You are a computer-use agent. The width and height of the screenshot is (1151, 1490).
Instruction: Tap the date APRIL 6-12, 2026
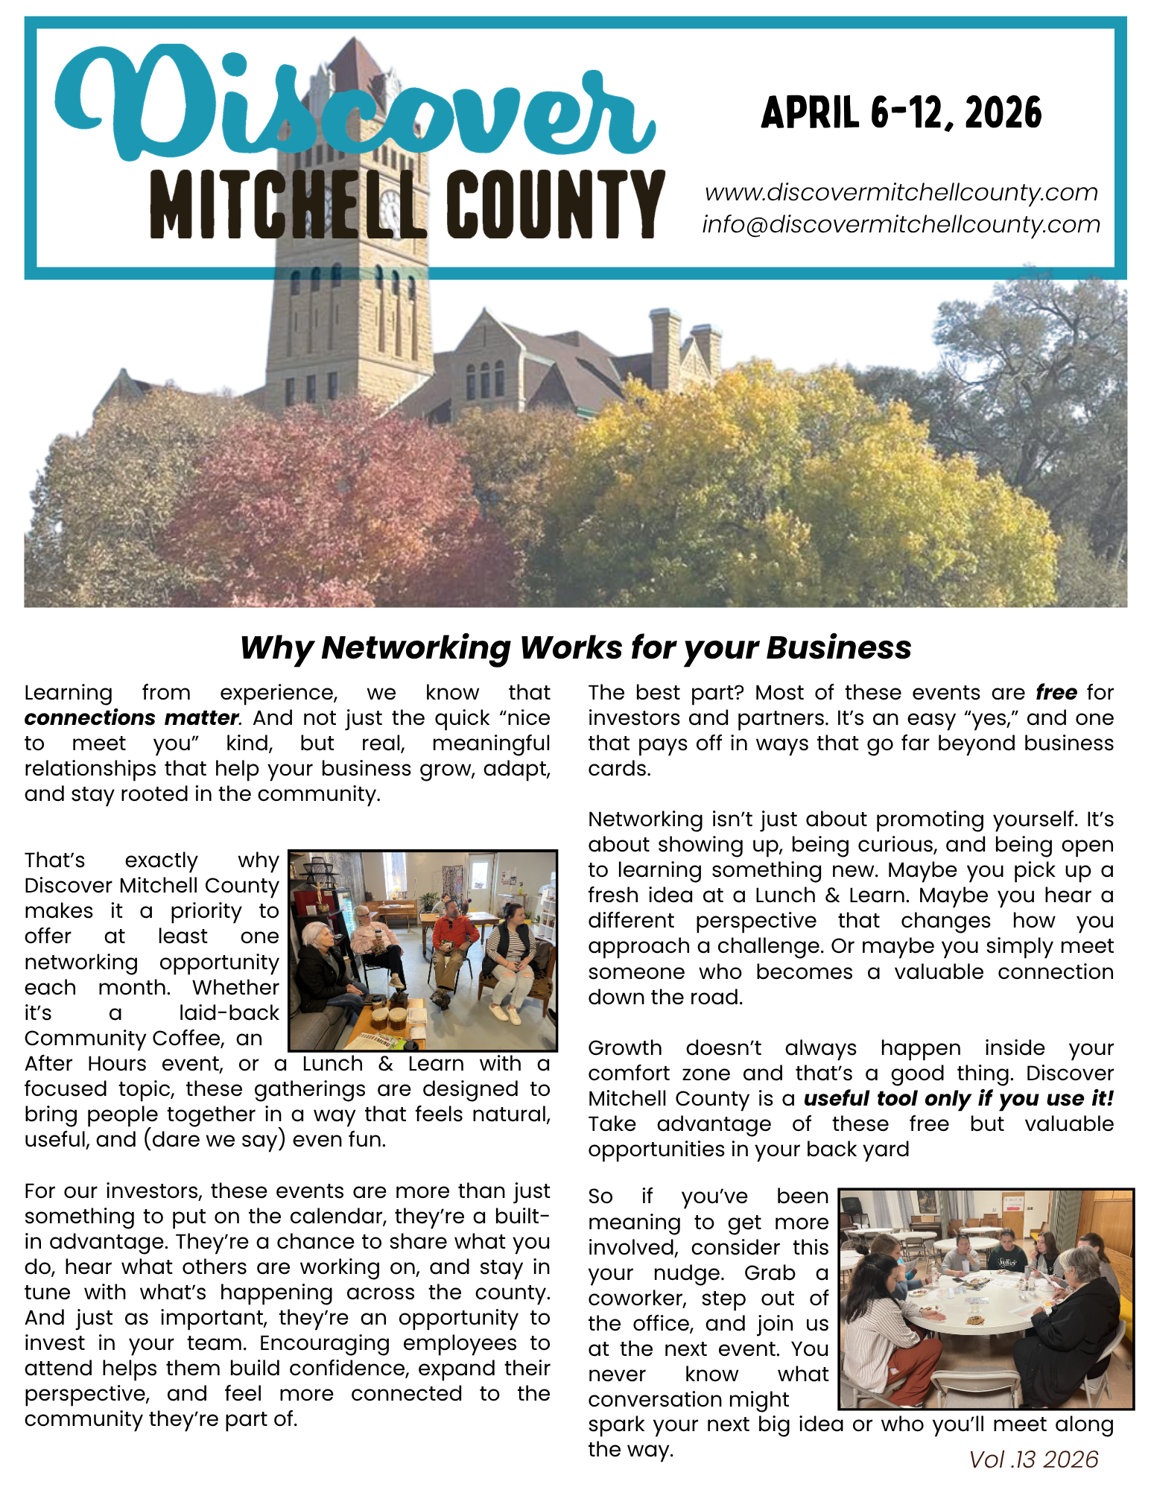[x=901, y=113]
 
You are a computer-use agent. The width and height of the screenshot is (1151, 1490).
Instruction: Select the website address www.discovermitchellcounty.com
[x=901, y=192]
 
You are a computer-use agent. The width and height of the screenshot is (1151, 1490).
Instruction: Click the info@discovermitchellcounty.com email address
[x=901, y=224]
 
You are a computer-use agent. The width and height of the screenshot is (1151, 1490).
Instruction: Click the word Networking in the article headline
[x=416, y=648]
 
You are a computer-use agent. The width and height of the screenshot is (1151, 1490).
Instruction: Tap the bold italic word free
[x=1056, y=693]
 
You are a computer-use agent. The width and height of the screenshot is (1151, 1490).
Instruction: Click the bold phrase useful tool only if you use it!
[x=959, y=1099]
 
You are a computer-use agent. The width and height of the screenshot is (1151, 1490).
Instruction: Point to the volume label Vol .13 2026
[x=1033, y=1459]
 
